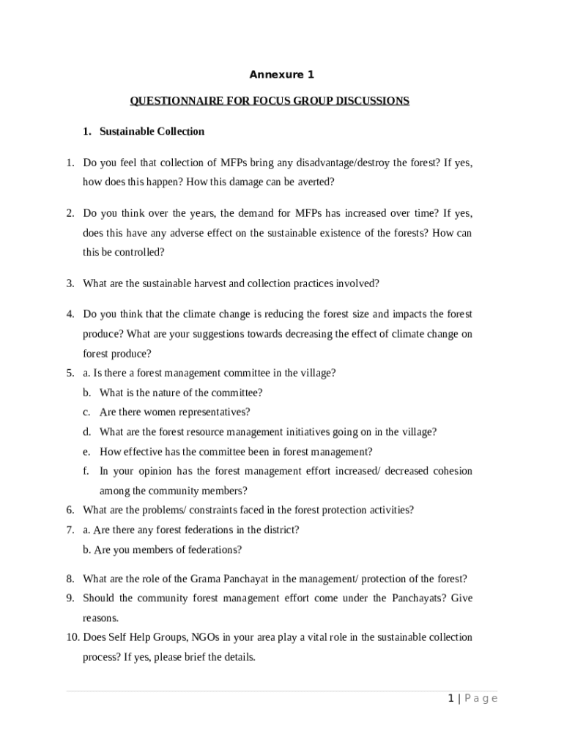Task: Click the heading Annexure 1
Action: pyautogui.click(x=281, y=75)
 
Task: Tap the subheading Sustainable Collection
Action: pyautogui.click(x=152, y=132)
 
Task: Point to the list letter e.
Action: pyautogui.click(x=86, y=452)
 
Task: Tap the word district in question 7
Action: pyautogui.click(x=279, y=530)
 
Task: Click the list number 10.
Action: pyautogui.click(x=73, y=637)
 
